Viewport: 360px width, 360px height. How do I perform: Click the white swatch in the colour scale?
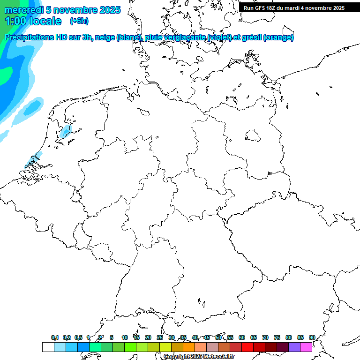point(48,347)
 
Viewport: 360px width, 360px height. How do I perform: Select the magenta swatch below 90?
point(306,347)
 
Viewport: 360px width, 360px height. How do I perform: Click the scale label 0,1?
point(55,337)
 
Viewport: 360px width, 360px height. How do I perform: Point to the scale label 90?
point(312,337)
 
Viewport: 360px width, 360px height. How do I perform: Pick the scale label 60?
point(242,337)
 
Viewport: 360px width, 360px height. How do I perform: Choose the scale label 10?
point(125,337)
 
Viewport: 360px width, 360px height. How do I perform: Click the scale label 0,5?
point(78,337)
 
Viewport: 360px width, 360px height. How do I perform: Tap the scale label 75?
point(277,337)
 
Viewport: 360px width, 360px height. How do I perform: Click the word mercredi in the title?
point(24,10)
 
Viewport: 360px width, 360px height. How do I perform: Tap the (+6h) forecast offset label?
point(79,21)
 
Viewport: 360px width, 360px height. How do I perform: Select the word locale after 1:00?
point(45,21)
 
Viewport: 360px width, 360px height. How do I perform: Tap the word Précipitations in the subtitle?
point(29,37)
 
